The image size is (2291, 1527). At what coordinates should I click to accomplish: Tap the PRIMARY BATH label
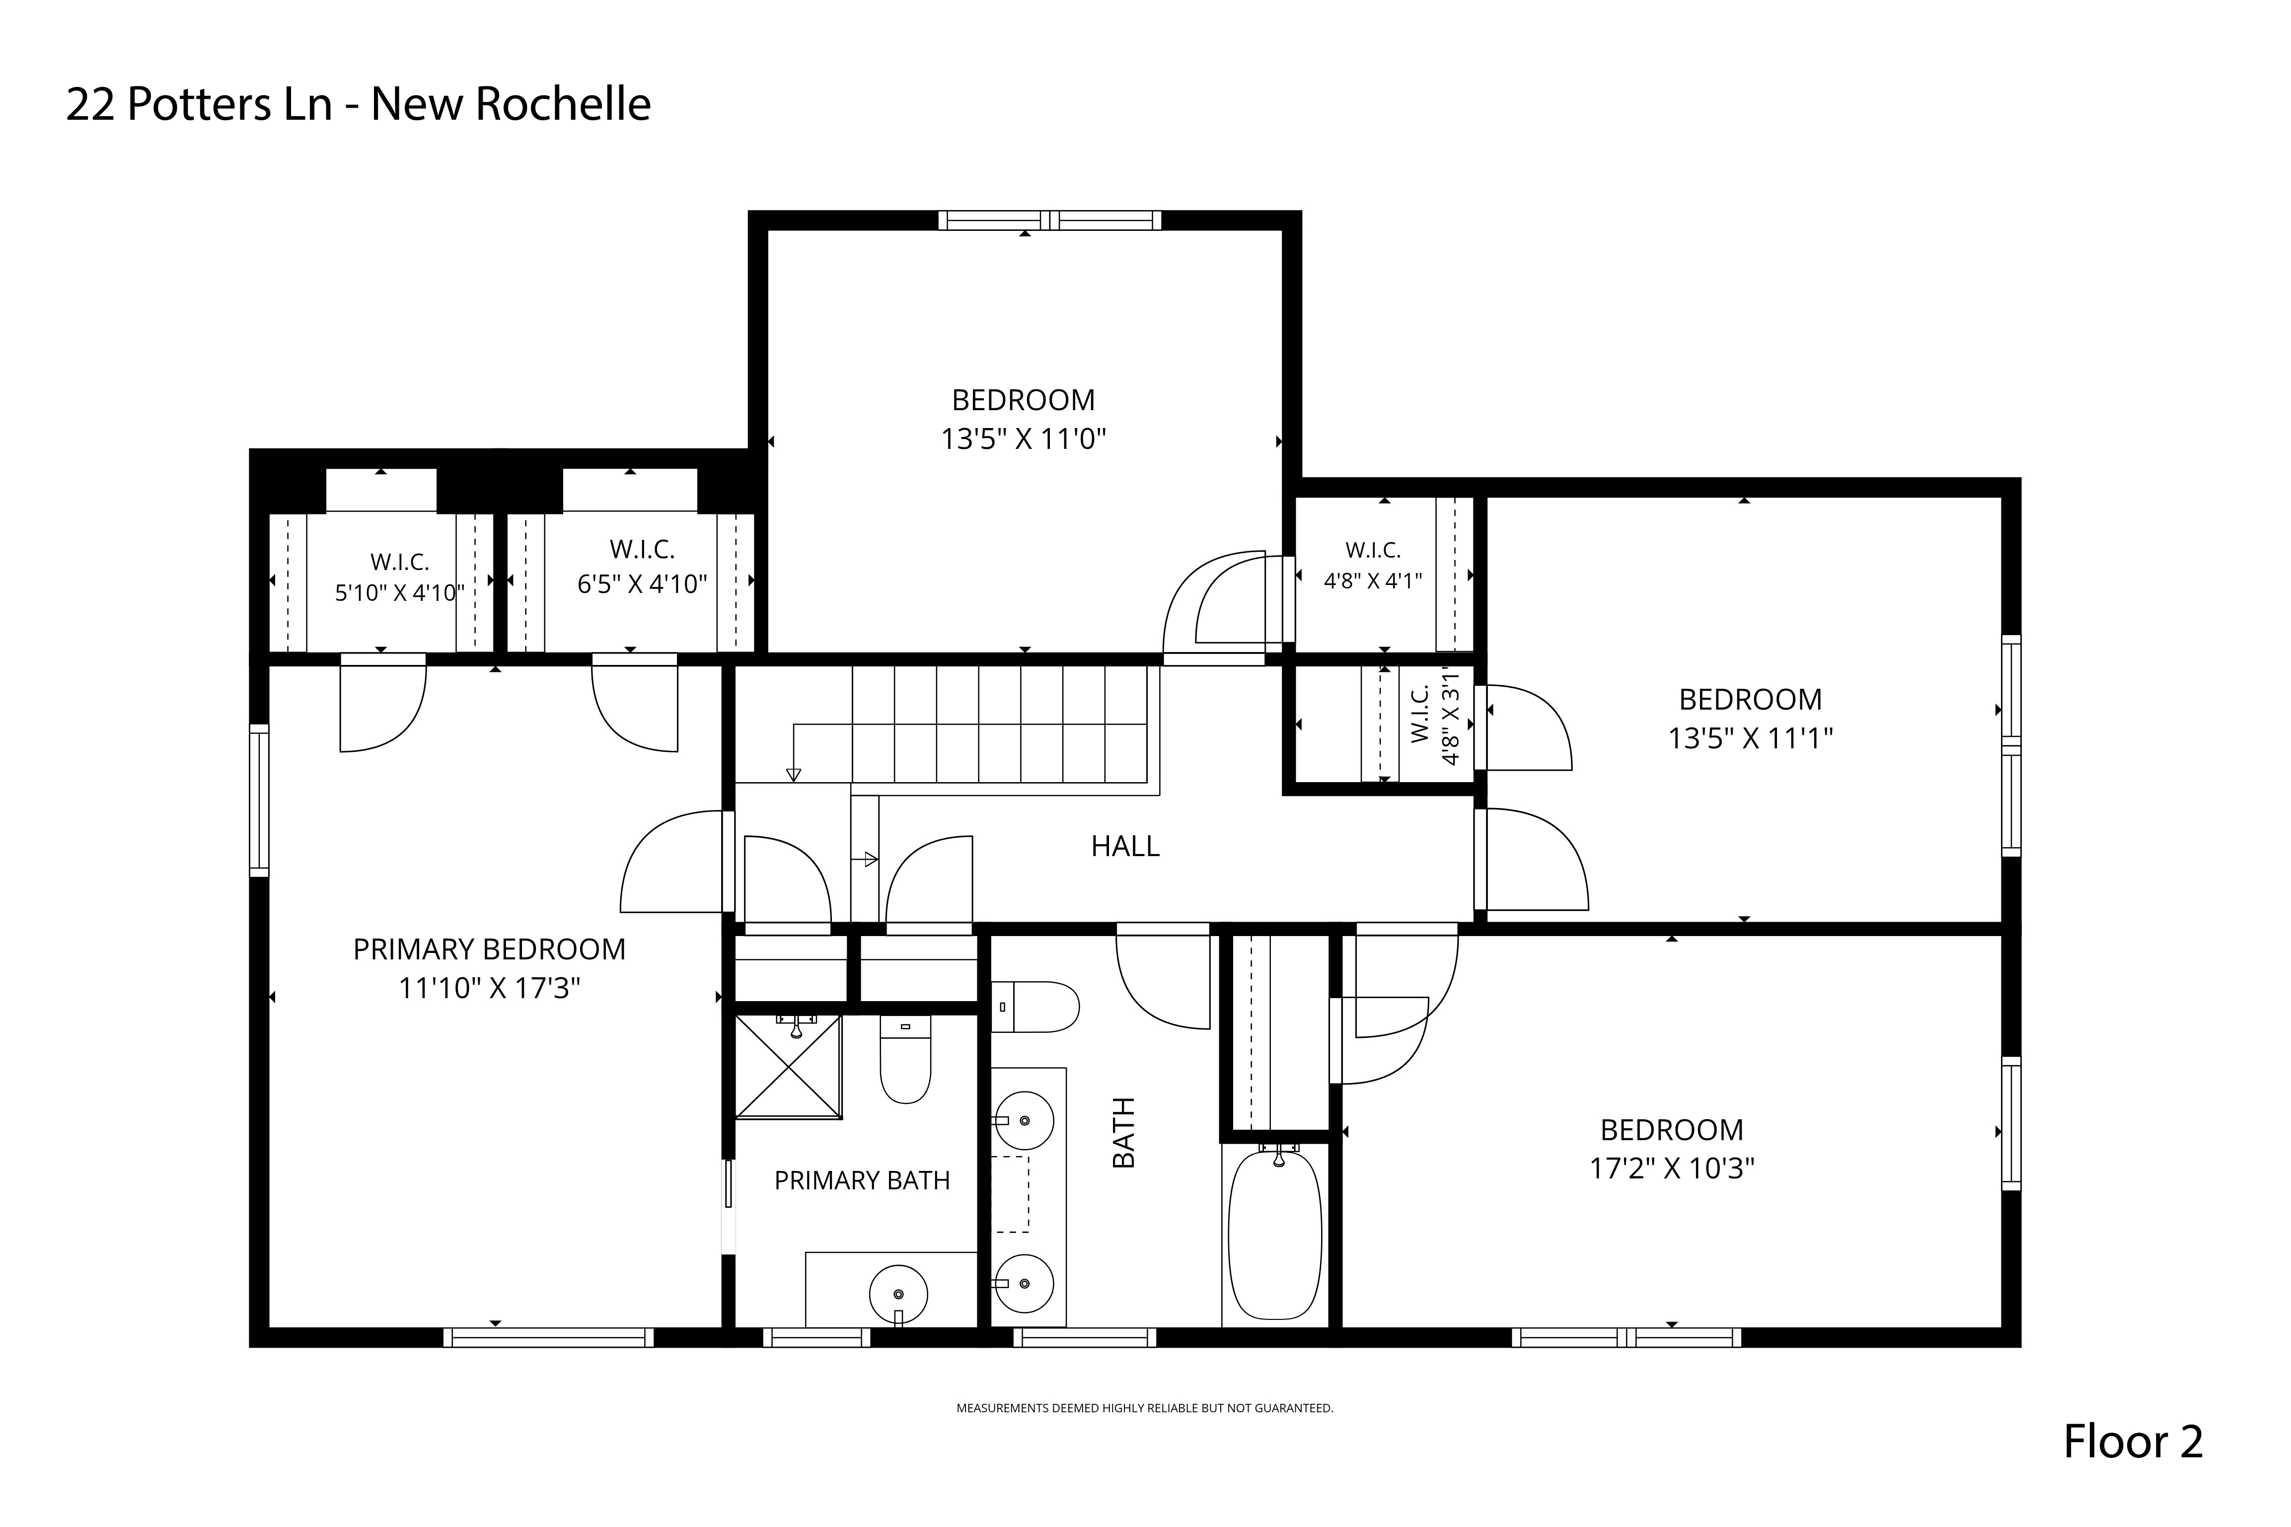coord(862,1180)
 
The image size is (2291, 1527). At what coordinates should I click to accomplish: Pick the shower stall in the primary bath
coord(788,1066)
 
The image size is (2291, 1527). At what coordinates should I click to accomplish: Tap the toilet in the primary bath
coord(905,1060)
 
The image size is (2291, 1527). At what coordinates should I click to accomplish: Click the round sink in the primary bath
coord(898,1293)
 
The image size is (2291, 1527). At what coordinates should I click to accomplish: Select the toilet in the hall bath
coord(1036,1007)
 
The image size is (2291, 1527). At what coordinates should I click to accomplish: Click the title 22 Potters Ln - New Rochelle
coord(358,104)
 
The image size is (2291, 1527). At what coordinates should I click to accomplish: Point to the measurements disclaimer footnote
coord(1145,1408)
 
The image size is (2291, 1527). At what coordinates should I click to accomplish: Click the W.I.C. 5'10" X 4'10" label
coord(399,578)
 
